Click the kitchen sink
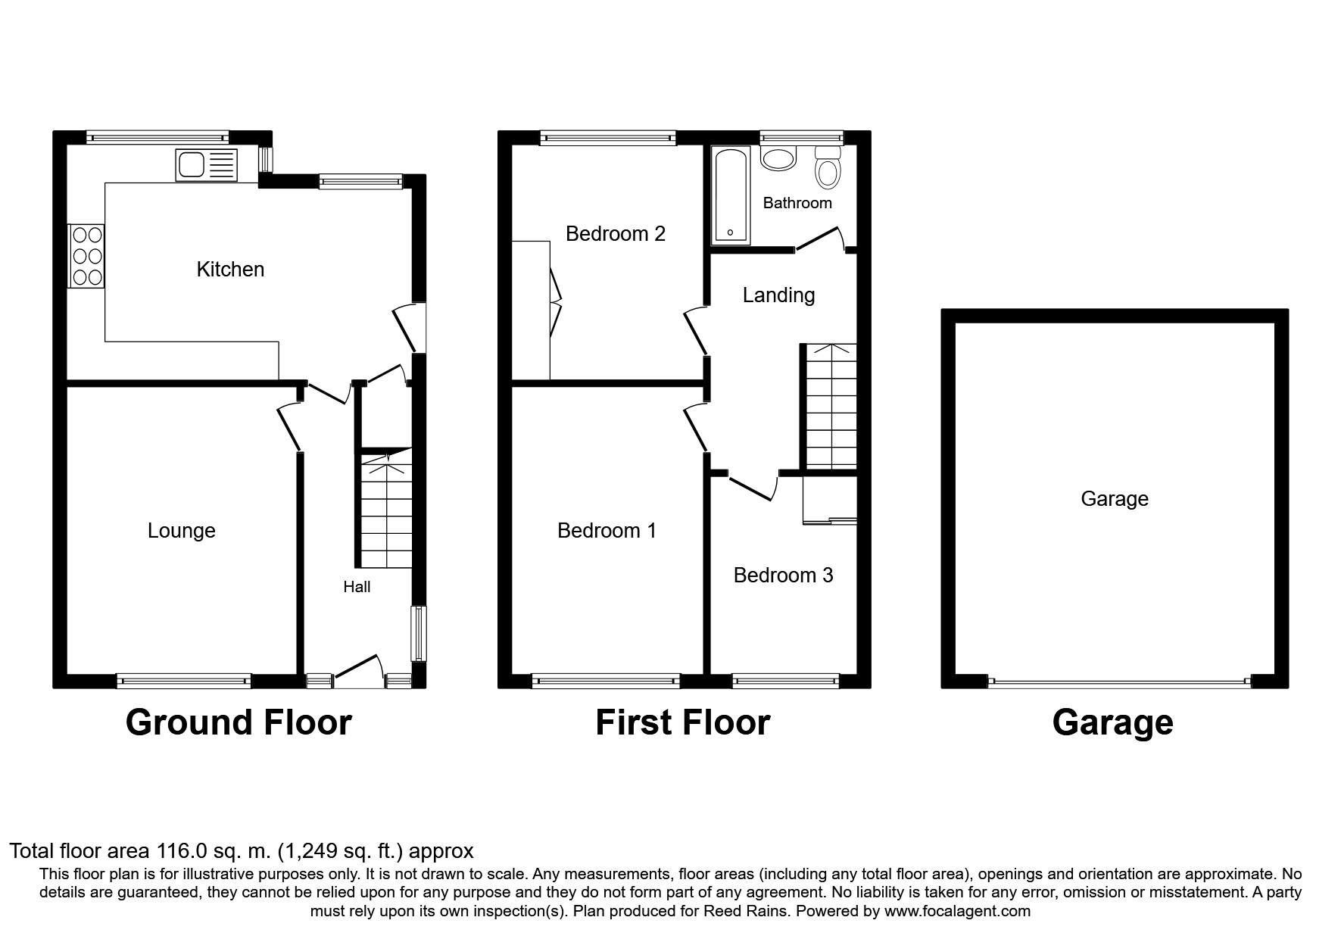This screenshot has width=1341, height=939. (x=206, y=165)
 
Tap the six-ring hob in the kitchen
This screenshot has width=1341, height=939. (x=86, y=256)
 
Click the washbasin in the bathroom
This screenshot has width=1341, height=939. (x=778, y=157)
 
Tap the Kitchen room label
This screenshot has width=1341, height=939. (x=230, y=269)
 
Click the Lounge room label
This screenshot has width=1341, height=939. (x=182, y=531)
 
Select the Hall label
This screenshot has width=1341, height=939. (x=357, y=587)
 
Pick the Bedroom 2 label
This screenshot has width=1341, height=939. (x=616, y=233)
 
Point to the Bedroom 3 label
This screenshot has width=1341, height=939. (x=783, y=576)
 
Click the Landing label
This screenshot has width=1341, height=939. (x=778, y=295)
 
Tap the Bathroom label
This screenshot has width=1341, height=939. (x=797, y=203)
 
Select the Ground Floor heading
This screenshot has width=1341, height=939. (x=239, y=722)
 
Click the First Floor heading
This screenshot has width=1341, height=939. (x=683, y=722)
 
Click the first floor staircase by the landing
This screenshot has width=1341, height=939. (x=831, y=407)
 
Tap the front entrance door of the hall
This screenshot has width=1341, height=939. (x=357, y=669)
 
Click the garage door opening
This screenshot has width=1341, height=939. (x=1120, y=682)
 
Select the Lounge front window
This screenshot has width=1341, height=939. (x=183, y=681)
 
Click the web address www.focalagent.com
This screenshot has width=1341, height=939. (x=957, y=911)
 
